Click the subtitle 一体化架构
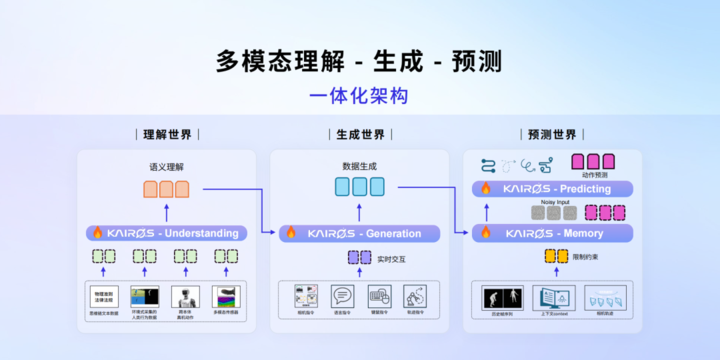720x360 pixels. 359,96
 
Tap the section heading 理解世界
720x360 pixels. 167,134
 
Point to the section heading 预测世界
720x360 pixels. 551,134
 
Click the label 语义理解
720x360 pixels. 167,166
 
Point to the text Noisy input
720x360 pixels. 555,201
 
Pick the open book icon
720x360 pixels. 554,297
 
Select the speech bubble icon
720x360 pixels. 342,296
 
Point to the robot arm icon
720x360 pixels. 414,296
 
